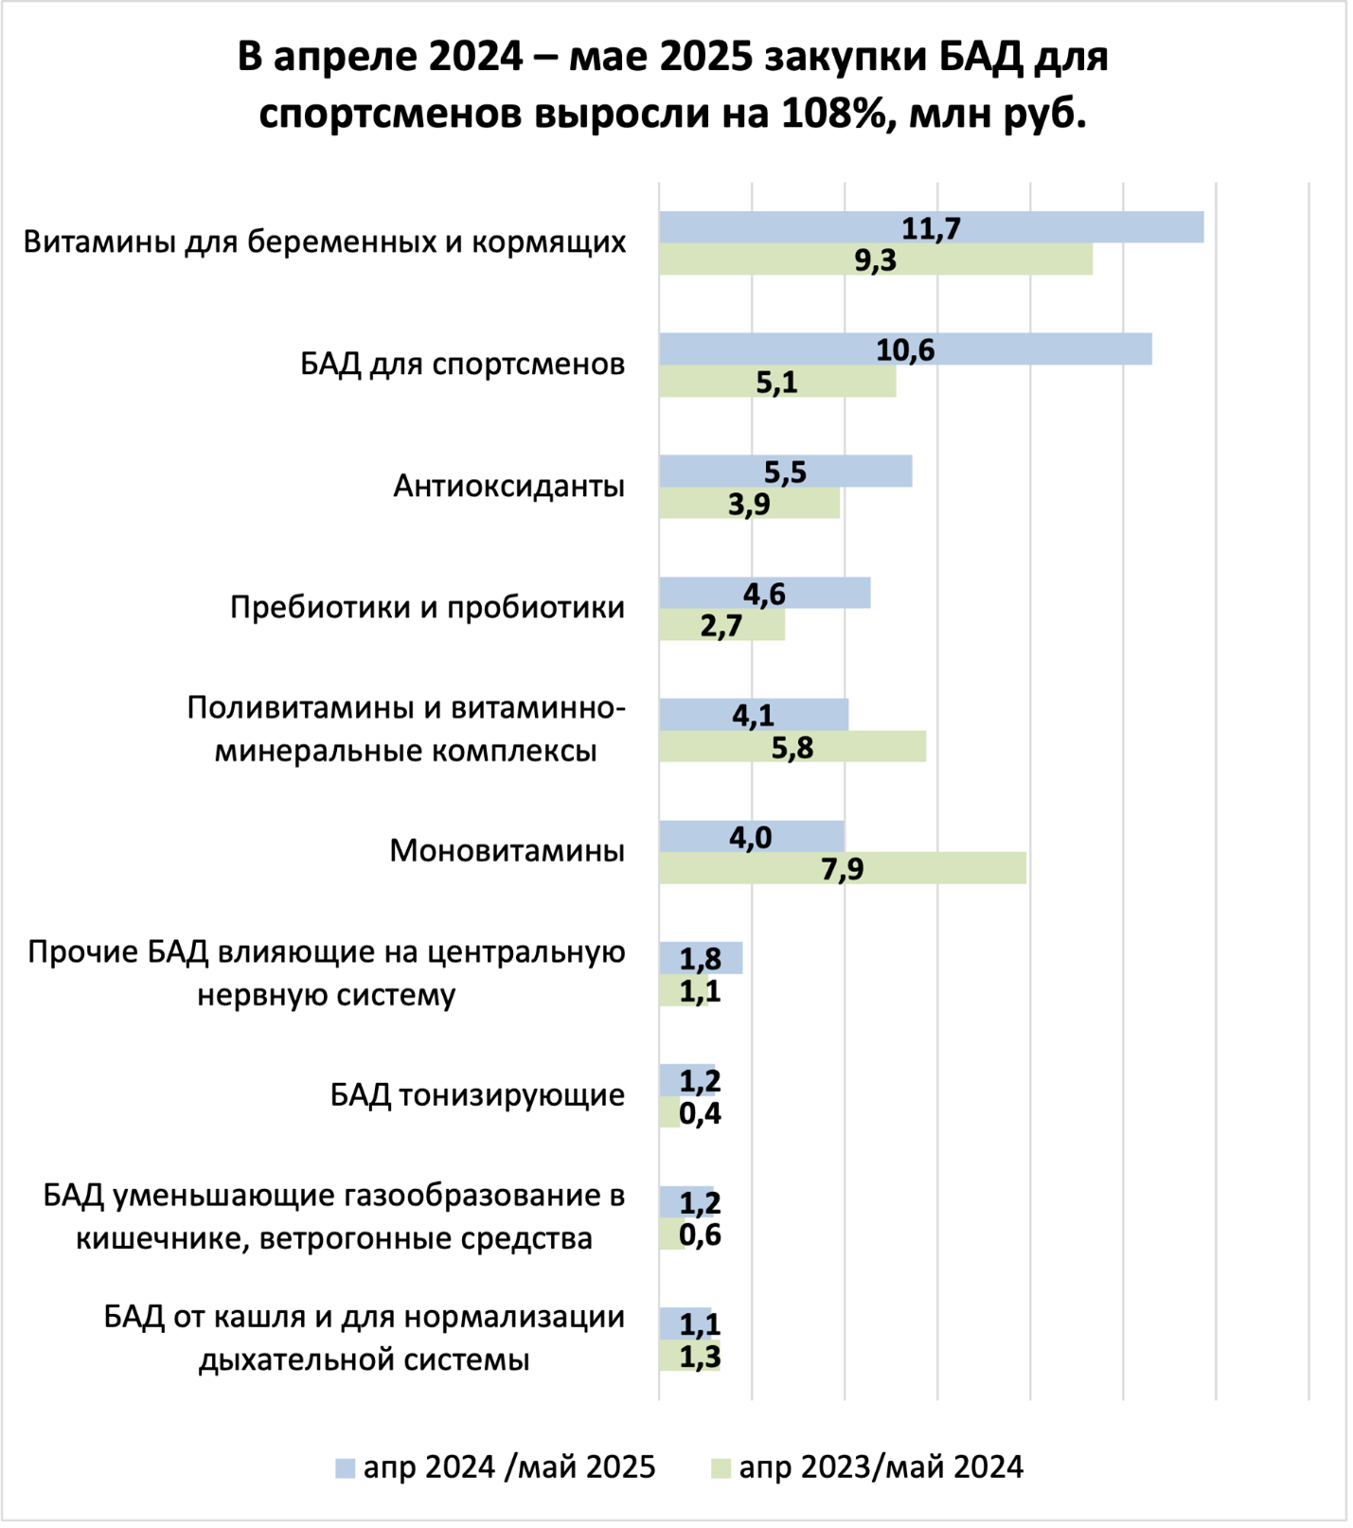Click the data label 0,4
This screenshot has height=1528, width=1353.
[x=700, y=1113]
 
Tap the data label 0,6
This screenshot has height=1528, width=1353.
[x=700, y=1235]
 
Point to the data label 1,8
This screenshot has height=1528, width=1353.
[x=701, y=959]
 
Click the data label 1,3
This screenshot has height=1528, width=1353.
[x=700, y=1357]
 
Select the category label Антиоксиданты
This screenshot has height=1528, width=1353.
[x=508, y=486]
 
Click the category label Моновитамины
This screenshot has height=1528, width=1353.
[x=507, y=851]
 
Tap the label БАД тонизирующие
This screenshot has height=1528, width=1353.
[x=477, y=1095]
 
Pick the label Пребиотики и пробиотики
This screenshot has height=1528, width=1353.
[x=427, y=607]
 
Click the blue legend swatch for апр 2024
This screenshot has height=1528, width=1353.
[x=345, y=1468]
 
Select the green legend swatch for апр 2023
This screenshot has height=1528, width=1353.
[x=721, y=1468]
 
